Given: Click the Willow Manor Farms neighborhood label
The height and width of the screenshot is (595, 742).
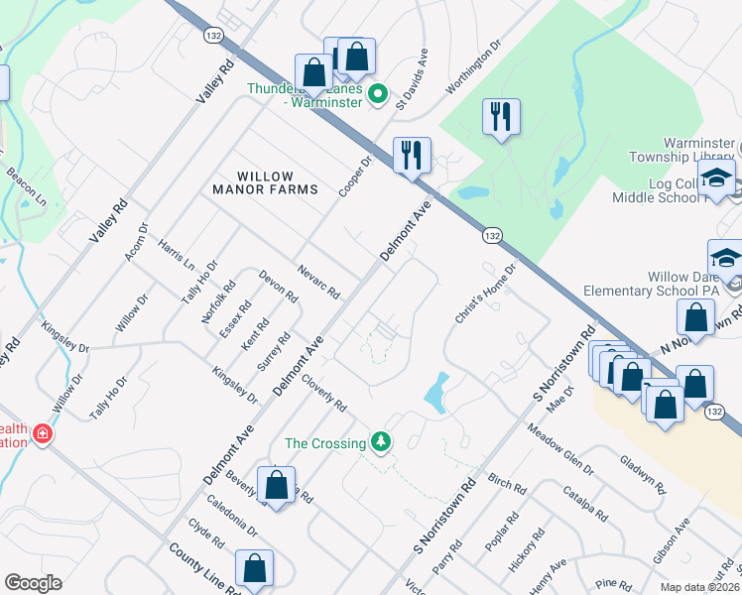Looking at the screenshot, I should click(265, 182).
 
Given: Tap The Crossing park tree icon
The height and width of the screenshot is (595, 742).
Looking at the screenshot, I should click(378, 441).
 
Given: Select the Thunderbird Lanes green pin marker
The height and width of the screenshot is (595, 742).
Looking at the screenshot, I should click(377, 95).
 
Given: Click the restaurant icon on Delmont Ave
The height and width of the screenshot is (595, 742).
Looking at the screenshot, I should click(412, 156).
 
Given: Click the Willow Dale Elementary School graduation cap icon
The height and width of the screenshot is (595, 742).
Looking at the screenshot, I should click(726, 258).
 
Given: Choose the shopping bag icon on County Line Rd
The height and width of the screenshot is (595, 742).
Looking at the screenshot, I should click(254, 568).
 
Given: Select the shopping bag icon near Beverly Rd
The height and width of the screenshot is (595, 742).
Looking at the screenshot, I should click(276, 486).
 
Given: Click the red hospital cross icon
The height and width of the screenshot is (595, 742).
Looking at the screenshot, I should click(42, 433).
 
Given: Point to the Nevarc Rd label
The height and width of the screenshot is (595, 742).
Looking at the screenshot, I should click(319, 283).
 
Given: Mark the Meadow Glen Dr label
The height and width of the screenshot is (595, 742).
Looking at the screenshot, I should click(559, 450).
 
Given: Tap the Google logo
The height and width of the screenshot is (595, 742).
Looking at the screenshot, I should click(33, 583).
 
